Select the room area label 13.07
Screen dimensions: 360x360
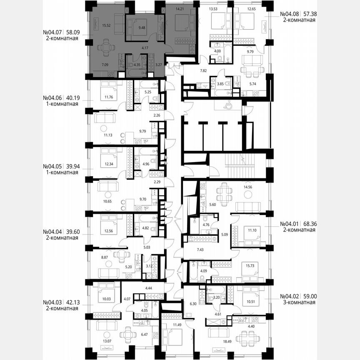coord(96,352)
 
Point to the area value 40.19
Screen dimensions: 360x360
coord(71,98)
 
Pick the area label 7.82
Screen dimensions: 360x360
coord(191,71)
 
